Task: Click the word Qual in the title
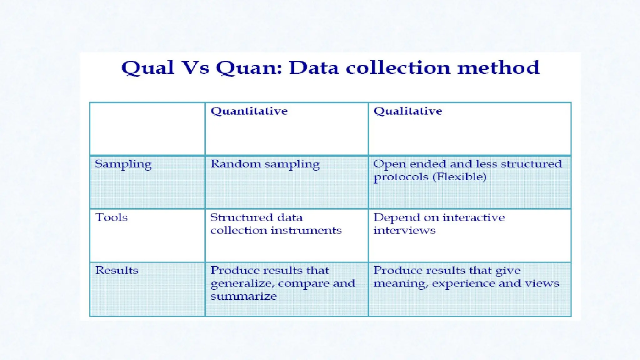click(147, 68)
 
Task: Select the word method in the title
click(498, 68)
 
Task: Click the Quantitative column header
click(249, 111)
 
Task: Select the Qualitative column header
click(408, 111)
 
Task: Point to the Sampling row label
click(123, 164)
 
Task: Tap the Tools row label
click(112, 217)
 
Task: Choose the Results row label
click(117, 270)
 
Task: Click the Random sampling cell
click(265, 164)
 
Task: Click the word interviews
click(404, 231)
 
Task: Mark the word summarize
click(243, 296)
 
